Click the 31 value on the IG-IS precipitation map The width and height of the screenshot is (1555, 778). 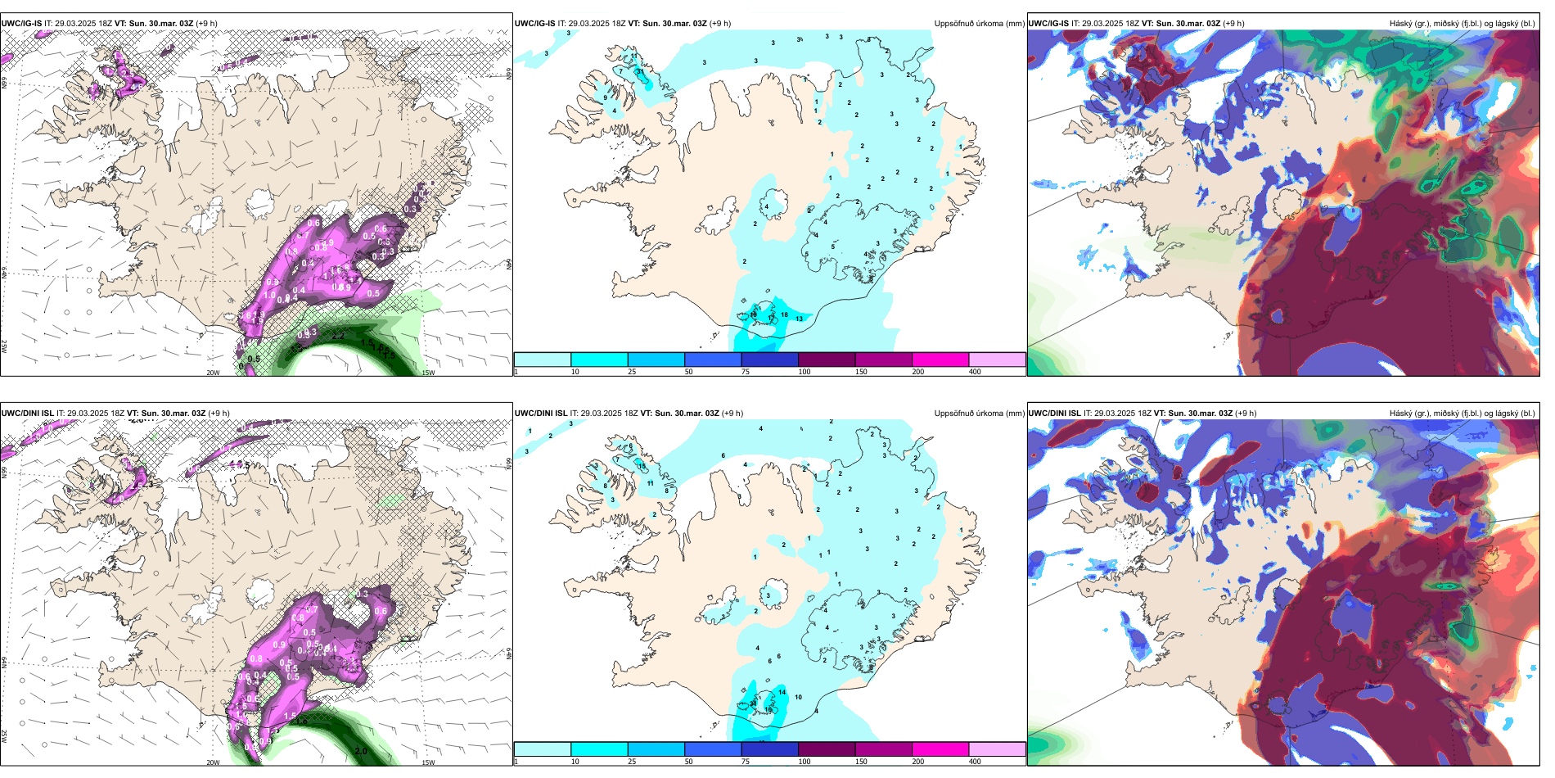pos(641,72)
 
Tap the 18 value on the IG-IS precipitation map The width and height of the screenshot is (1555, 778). pos(754,314)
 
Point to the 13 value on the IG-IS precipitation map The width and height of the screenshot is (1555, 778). pos(799,319)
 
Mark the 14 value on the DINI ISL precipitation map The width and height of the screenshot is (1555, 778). pos(782,692)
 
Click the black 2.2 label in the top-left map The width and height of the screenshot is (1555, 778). pos(338,336)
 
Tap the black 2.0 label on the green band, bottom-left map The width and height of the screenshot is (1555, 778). pos(361,750)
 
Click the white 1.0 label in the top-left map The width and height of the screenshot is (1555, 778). pos(269,295)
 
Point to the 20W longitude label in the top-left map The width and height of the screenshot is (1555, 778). pos(213,373)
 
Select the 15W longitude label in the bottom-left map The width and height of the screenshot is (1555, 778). pos(427,762)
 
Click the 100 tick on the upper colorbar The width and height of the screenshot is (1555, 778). pos(805,372)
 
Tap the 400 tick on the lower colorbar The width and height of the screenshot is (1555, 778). pos(975,762)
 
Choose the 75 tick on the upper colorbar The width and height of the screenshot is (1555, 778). pos(746,372)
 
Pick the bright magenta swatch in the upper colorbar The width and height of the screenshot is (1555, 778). pos(940,360)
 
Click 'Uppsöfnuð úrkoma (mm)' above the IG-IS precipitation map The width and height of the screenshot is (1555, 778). pos(979,24)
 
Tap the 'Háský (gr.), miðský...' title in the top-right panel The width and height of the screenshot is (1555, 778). pos(1462,24)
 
